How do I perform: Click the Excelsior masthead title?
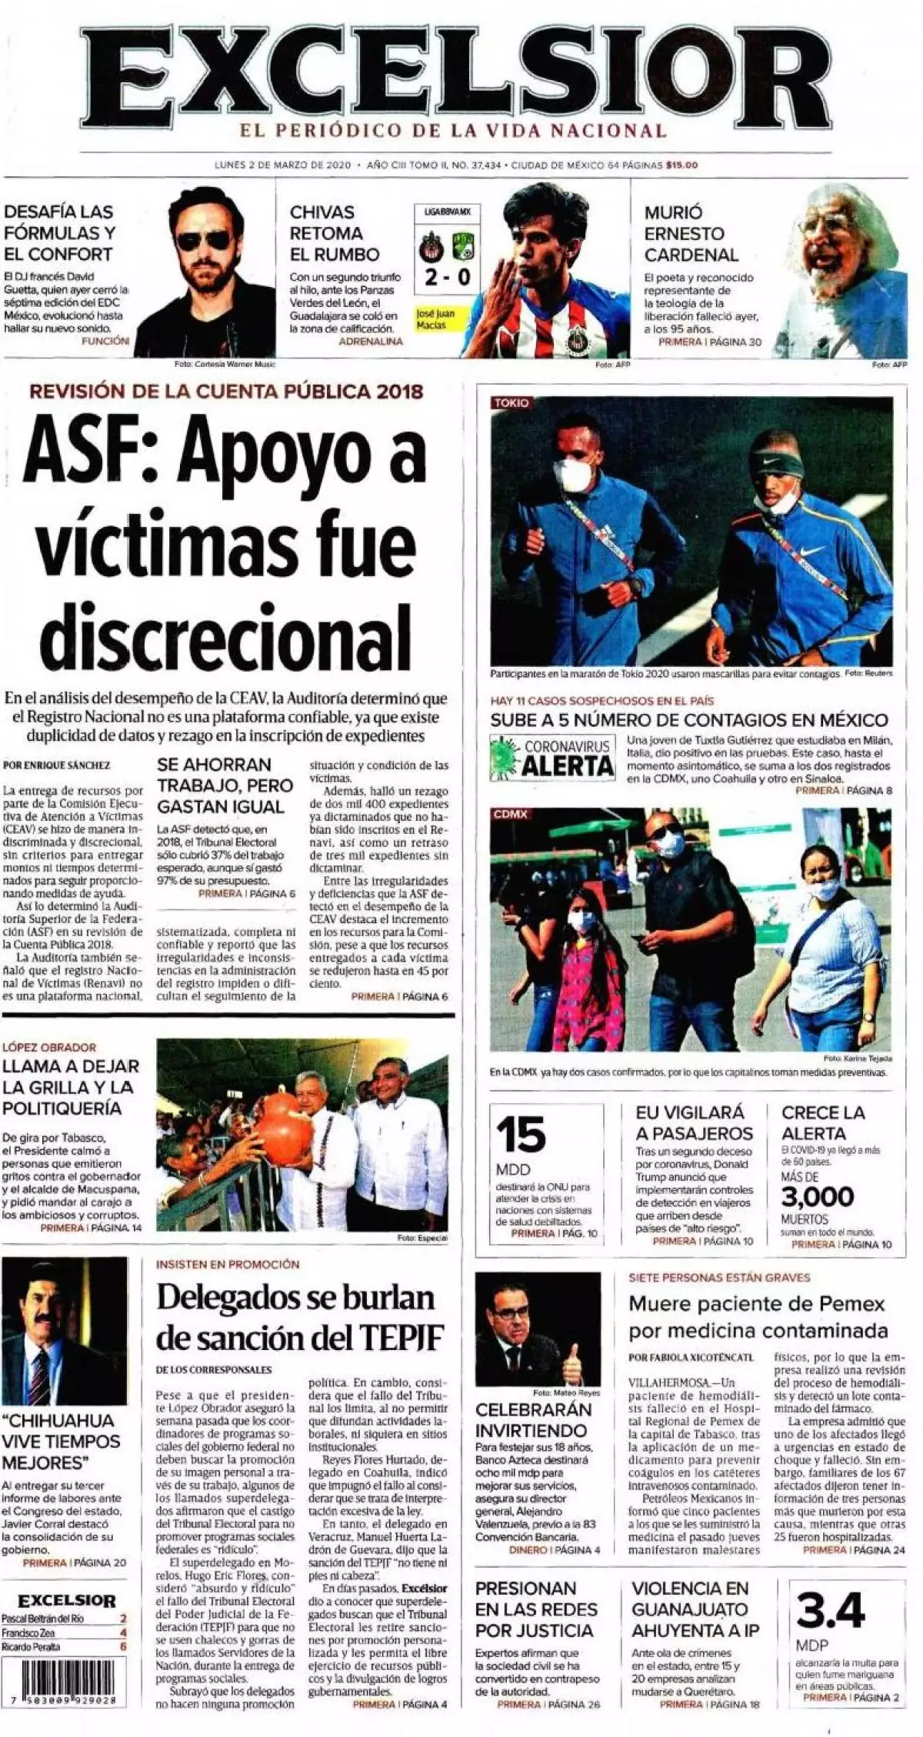point(461,77)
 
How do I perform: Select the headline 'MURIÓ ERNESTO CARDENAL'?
point(691,233)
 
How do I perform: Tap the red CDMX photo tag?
point(510,814)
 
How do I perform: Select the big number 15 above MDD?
point(521,1135)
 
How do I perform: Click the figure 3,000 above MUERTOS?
point(817,1197)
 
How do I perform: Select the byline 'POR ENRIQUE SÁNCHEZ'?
point(57,765)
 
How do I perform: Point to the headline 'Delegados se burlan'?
point(295,1298)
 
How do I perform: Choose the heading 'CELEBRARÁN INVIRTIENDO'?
point(533,1420)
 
